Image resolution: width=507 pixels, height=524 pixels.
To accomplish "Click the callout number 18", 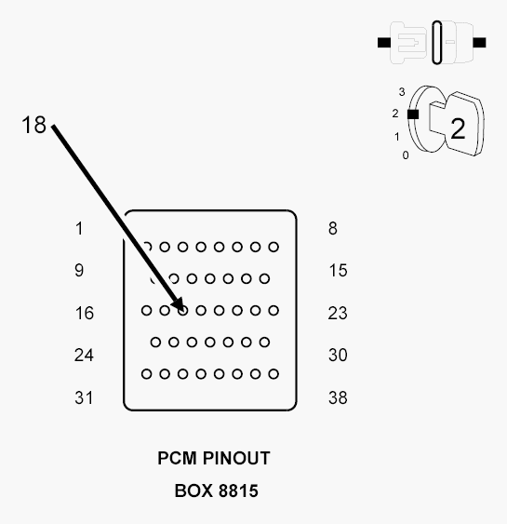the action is click(x=33, y=125).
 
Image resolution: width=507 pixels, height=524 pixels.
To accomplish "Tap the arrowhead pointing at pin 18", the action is click(x=179, y=304).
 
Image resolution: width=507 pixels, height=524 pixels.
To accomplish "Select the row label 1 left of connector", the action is click(x=79, y=229).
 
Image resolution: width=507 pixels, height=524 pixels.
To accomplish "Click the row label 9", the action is click(x=79, y=270).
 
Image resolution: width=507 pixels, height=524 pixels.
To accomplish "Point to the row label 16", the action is click(x=84, y=313).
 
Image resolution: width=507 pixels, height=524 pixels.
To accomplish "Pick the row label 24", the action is click(x=84, y=355).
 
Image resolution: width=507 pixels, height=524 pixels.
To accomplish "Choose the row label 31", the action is click(x=84, y=397).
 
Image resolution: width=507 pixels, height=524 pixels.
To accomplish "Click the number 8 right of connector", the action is click(x=333, y=229).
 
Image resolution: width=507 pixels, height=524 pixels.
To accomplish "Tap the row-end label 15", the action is click(x=338, y=270).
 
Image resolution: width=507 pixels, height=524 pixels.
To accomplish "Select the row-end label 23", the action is click(x=338, y=313).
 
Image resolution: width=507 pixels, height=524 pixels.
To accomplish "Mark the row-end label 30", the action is click(x=338, y=355).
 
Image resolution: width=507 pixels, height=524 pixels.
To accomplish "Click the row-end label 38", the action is click(x=338, y=397).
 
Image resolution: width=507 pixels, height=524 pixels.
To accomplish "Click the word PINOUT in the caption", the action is click(x=236, y=458).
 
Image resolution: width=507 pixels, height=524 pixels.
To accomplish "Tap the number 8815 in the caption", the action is click(x=239, y=490).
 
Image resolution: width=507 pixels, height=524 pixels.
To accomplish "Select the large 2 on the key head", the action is click(x=458, y=128).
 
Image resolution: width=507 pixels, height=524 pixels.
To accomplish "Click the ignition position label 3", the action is click(x=402, y=92).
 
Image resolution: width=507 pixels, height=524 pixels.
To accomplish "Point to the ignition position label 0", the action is click(x=406, y=155).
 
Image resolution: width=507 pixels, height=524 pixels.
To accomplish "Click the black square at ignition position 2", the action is click(x=413, y=114).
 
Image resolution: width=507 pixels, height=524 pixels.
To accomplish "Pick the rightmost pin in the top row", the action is click(x=274, y=247).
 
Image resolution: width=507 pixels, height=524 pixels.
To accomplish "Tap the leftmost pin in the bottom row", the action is click(x=147, y=374).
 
